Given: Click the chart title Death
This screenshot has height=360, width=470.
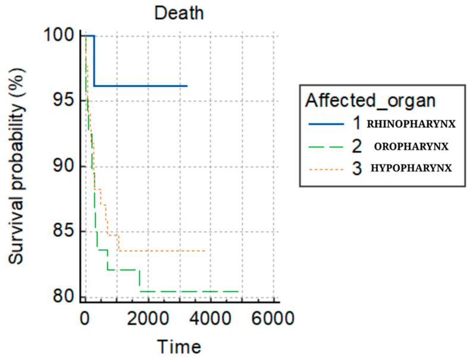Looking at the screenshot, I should point(178,12).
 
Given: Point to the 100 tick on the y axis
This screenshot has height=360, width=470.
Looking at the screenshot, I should point(62,36).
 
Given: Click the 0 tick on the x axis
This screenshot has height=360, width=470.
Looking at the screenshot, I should point(86,318).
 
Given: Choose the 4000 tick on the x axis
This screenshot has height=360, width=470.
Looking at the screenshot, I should point(211,318).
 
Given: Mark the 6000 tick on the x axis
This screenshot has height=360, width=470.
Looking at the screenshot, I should point(273,318).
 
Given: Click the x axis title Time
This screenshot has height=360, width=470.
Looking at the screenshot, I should point(178,346).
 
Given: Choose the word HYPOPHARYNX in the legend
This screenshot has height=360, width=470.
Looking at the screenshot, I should point(411,168).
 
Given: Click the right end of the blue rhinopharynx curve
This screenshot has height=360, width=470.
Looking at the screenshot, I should point(187,86).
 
